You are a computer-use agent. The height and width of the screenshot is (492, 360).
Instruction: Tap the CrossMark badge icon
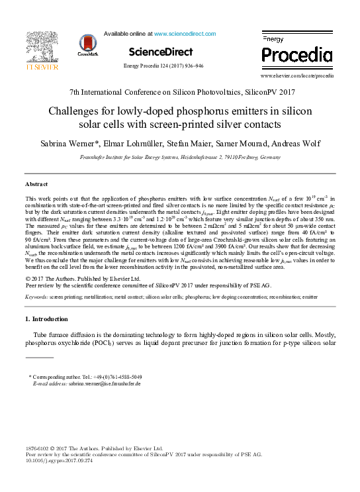coord(87,45)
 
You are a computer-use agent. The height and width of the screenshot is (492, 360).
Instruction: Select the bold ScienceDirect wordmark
coord(161,51)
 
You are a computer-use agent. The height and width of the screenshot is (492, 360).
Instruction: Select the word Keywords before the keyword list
coord(38,298)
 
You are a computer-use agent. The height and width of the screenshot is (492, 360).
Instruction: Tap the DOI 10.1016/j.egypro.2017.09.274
coord(60,462)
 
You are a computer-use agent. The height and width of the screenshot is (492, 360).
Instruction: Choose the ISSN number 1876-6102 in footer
coord(38,448)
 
